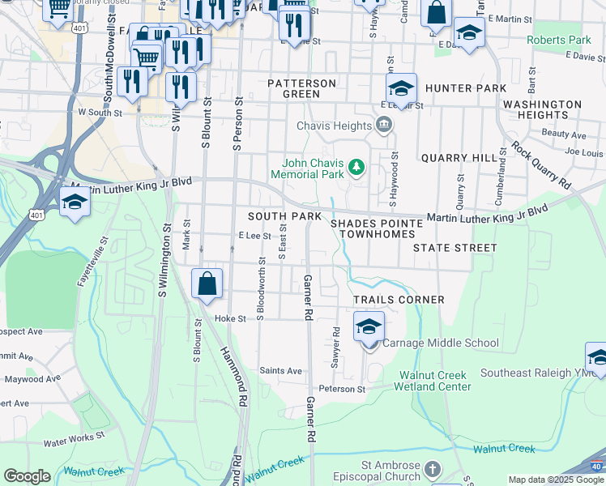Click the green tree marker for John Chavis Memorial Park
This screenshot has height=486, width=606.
point(356,168)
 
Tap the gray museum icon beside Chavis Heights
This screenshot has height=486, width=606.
point(384,125)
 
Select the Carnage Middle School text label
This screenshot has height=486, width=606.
point(440,343)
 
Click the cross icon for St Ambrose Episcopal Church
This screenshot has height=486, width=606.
point(433,470)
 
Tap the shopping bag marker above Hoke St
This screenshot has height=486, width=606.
point(207,284)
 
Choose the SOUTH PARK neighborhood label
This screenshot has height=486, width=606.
point(284,217)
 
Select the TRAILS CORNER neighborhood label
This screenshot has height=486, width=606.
point(399,300)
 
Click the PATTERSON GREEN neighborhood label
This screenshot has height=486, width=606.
point(302,88)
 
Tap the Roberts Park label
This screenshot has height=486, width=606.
point(559,40)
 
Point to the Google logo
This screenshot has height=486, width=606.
point(27,475)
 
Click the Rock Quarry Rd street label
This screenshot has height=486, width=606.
point(540,166)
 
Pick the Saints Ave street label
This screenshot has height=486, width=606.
point(280,371)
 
